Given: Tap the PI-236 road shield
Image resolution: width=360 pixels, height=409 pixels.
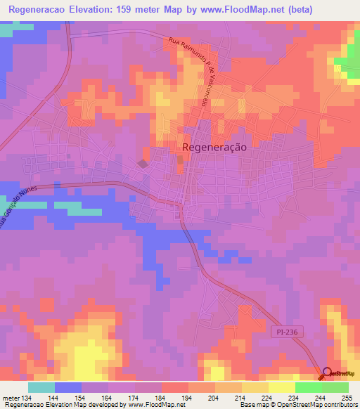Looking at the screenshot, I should tap(288, 330).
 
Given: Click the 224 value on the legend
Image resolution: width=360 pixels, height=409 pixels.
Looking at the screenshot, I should tap(268, 396).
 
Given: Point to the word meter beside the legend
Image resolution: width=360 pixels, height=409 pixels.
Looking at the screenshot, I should tap(10, 396).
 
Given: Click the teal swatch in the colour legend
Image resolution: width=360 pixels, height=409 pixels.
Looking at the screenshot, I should tap(41, 387).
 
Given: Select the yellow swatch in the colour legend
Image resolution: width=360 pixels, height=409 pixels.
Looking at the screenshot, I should tap(281, 387).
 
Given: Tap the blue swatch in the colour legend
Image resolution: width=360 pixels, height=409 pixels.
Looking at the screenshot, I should tap(68, 387).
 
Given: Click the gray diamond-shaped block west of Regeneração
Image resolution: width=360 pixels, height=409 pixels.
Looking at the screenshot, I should tap(143, 164).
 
